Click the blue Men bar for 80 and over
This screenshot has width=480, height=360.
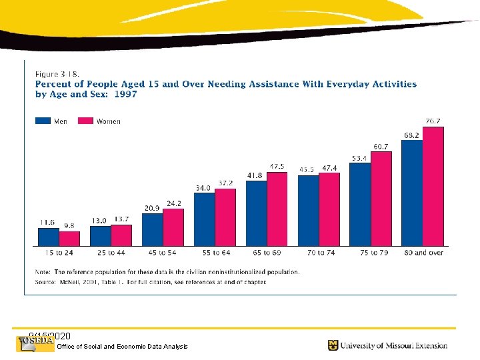pos(412,193)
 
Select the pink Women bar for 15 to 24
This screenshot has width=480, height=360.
pos(69,239)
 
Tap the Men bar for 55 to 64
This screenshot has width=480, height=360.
pos(204,219)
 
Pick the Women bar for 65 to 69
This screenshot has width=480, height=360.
pos(277,209)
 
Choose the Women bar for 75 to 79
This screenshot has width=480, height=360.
pos(381,199)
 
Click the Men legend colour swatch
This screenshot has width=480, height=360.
pos(43,121)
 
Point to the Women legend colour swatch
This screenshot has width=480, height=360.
pos(86,121)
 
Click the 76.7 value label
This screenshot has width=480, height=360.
pos(433,121)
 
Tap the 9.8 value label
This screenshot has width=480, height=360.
pos(69,225)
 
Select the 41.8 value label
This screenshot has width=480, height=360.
pos(255,175)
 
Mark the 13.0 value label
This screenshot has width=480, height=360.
pos(99,220)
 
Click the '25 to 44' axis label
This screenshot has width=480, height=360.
pos(111,253)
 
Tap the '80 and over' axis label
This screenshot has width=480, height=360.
pos(423,253)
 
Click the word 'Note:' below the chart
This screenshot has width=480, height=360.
pos(43,272)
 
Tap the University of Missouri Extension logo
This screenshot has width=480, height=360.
pos(387,345)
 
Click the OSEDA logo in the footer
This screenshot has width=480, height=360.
pos(35,343)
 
